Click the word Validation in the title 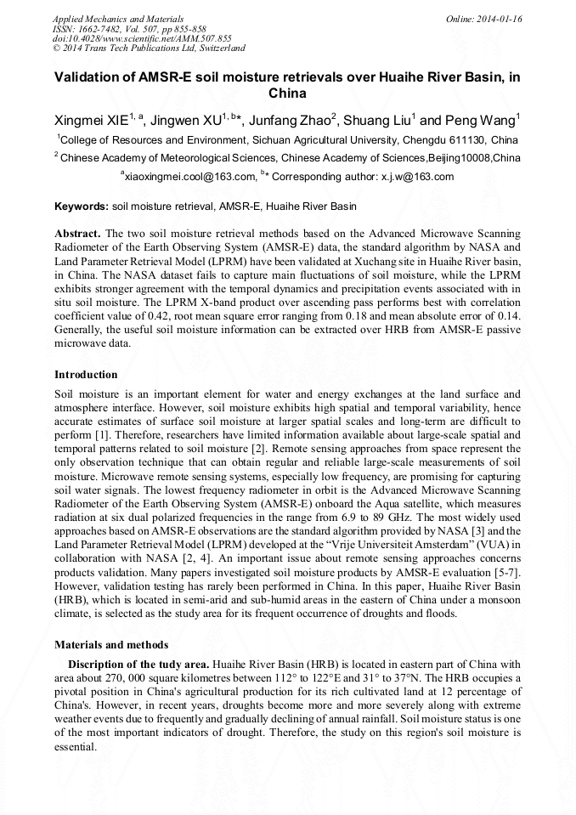coord(94,76)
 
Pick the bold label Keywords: coord(82,207)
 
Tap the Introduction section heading coord(86,374)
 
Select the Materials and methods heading coord(111,644)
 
